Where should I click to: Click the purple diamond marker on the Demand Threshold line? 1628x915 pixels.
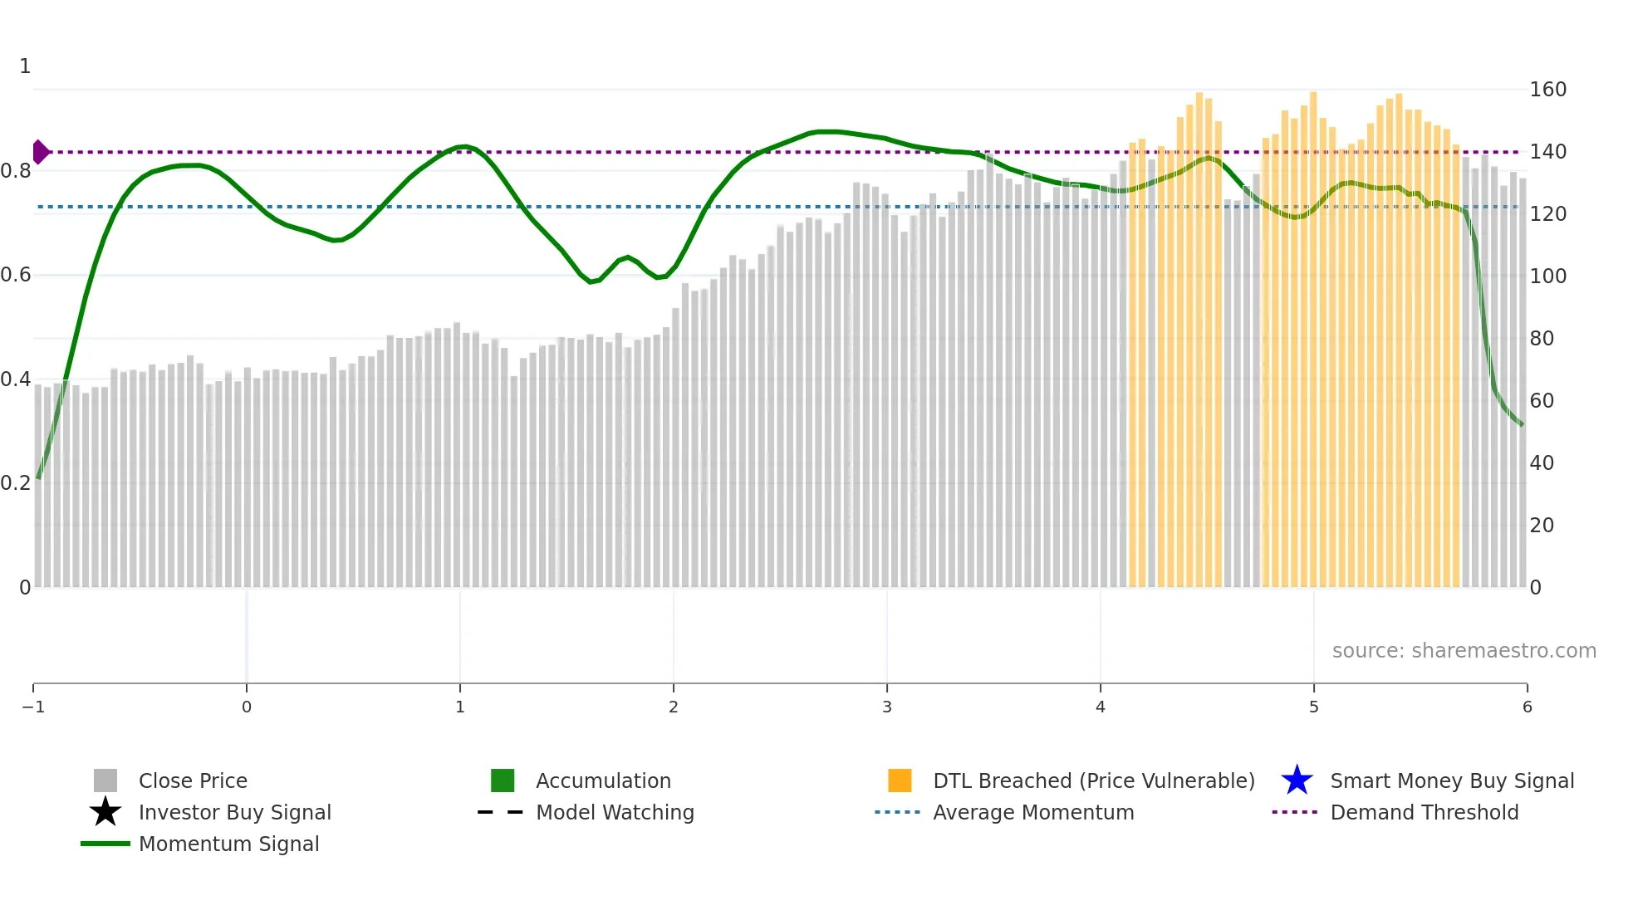click(x=40, y=152)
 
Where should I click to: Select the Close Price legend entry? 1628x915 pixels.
click(x=193, y=780)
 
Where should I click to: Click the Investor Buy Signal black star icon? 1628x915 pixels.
click(x=105, y=812)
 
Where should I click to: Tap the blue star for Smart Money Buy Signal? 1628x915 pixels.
click(x=1297, y=780)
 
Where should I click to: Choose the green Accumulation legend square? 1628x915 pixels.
click(x=503, y=780)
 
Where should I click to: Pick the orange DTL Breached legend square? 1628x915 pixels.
click(x=900, y=780)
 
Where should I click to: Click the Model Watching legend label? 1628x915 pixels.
click(x=615, y=812)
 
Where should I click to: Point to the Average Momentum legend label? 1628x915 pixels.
click(x=1033, y=812)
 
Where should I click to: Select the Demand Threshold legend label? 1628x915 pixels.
click(x=1424, y=812)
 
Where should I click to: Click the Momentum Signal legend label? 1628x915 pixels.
click(x=228, y=844)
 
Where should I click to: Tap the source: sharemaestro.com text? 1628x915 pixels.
click(x=1464, y=650)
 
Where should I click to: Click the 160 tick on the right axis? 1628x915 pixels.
click(x=1547, y=90)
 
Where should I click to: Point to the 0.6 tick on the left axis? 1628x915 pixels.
click(x=16, y=275)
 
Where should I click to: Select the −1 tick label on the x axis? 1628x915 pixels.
click(x=33, y=707)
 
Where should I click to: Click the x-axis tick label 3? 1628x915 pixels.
click(x=887, y=707)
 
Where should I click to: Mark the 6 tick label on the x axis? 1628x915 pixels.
click(x=1527, y=707)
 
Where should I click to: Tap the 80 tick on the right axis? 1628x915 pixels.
click(x=1542, y=339)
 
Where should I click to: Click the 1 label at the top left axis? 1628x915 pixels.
click(x=25, y=66)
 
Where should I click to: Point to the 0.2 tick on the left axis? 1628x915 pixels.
click(x=16, y=483)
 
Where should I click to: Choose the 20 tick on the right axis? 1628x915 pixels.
click(x=1542, y=526)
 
